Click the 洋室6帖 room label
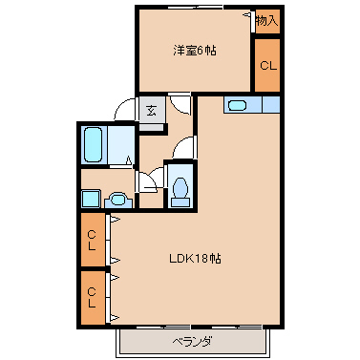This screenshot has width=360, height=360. click(x=194, y=50)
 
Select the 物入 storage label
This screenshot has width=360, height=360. click(x=267, y=20)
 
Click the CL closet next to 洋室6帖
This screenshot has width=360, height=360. click(x=267, y=65)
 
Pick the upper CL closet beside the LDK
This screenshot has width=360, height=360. click(x=92, y=239)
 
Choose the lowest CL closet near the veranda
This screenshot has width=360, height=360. click(x=92, y=298)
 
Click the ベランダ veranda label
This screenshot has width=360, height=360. click(x=192, y=342)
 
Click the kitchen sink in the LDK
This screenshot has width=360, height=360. click(x=239, y=105)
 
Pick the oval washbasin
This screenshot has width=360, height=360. click(x=116, y=200)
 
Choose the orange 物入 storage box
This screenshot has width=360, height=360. click(x=267, y=20)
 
